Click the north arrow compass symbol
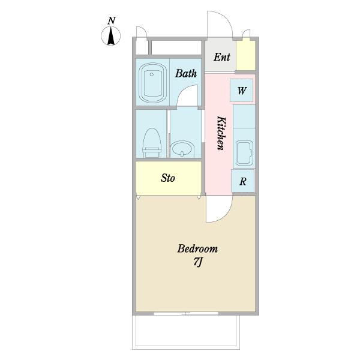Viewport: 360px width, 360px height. [111, 36]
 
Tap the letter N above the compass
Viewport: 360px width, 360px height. [112, 20]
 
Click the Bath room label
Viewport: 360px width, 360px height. [186, 73]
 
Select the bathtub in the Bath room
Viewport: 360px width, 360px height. [152, 83]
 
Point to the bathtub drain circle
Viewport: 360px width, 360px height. [152, 74]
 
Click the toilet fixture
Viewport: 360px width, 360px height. [152, 143]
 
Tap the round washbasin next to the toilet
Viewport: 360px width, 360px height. [182, 149]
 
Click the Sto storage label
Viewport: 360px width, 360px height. [168, 178]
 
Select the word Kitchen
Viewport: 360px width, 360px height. [221, 133]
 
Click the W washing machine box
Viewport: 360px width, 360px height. [242, 90]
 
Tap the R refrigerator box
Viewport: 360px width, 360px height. [243, 181]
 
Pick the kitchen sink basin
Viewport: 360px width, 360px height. [245, 152]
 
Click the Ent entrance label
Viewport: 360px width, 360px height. [221, 57]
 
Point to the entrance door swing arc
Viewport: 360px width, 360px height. [226, 18]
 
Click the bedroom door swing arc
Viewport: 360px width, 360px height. [226, 215]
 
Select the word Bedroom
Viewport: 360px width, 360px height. [197, 249]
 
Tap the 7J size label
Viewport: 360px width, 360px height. [198, 262]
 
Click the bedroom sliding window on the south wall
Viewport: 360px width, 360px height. [186, 313]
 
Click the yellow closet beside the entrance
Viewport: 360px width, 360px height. [245, 55]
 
